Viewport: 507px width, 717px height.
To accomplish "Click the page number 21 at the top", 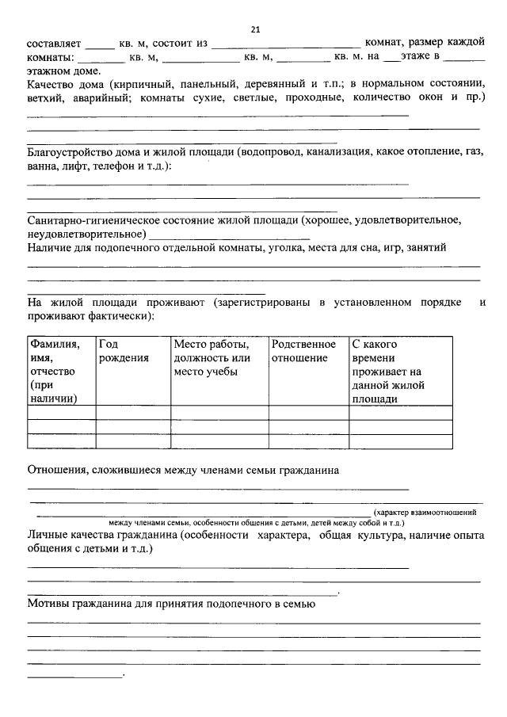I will tap(255, 29).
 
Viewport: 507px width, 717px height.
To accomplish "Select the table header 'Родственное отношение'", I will tap(303, 351).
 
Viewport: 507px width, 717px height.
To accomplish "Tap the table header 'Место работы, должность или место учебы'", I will tap(212, 358).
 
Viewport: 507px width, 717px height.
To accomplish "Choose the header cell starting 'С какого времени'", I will tap(387, 372).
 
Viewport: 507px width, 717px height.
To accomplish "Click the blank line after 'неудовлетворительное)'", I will tap(229, 237).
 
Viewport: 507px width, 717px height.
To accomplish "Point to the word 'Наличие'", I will tap(50, 247).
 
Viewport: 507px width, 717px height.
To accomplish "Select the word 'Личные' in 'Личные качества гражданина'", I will tap(49, 536).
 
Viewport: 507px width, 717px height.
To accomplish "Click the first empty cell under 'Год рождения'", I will tap(132, 412).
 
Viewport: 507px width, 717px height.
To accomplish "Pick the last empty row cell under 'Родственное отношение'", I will tap(308, 441).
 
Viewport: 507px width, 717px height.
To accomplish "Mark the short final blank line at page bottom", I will tap(75, 675).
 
